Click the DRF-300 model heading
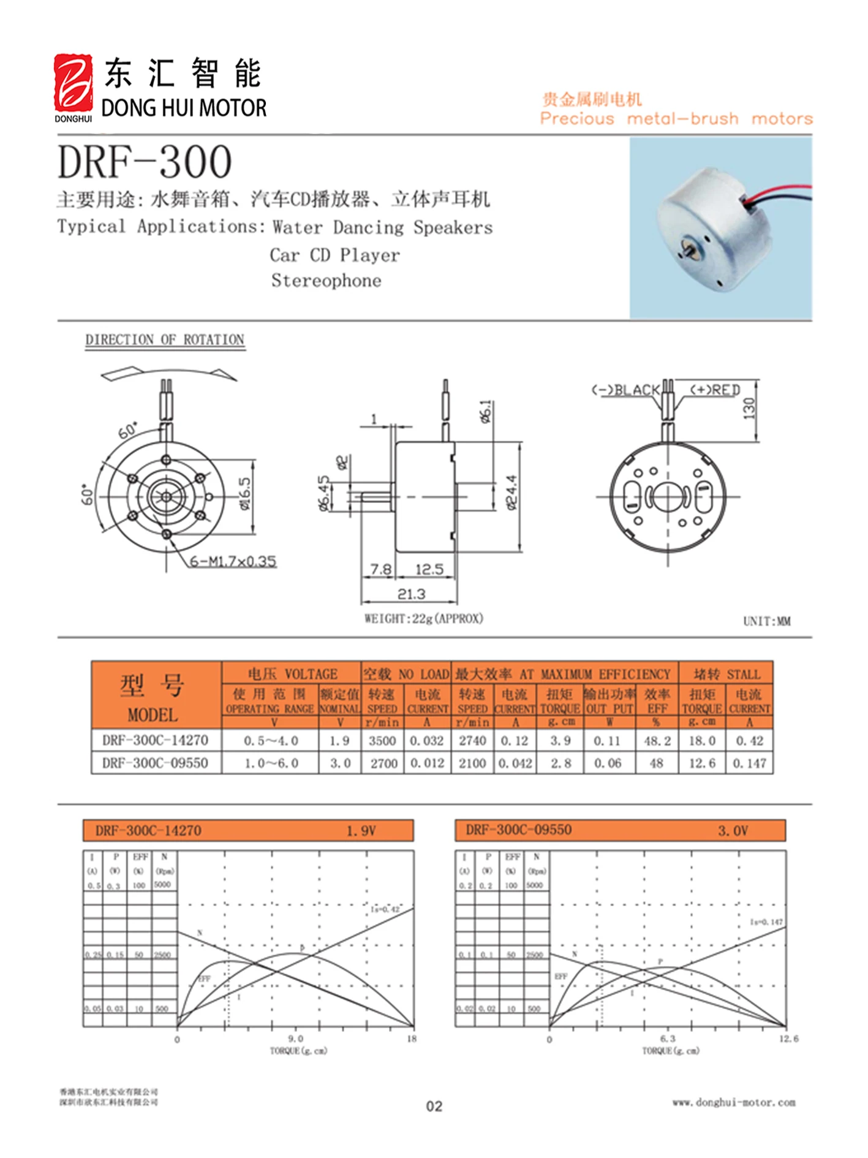(x=145, y=162)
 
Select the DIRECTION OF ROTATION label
(x=165, y=340)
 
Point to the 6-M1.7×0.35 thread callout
(x=233, y=561)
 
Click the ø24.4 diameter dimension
(x=512, y=493)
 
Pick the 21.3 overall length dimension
(x=411, y=594)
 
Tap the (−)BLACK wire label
(x=625, y=390)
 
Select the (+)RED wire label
(x=715, y=390)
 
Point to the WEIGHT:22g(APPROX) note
(x=424, y=619)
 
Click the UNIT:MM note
(x=767, y=621)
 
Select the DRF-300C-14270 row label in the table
(x=155, y=740)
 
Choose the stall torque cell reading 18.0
(x=702, y=741)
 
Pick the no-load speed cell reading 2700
(x=383, y=763)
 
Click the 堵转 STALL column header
(x=726, y=675)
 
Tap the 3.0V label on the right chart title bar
(x=733, y=831)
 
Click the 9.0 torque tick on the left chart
(x=295, y=1039)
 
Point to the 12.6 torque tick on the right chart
(x=788, y=1039)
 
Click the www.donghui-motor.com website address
(x=734, y=1102)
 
